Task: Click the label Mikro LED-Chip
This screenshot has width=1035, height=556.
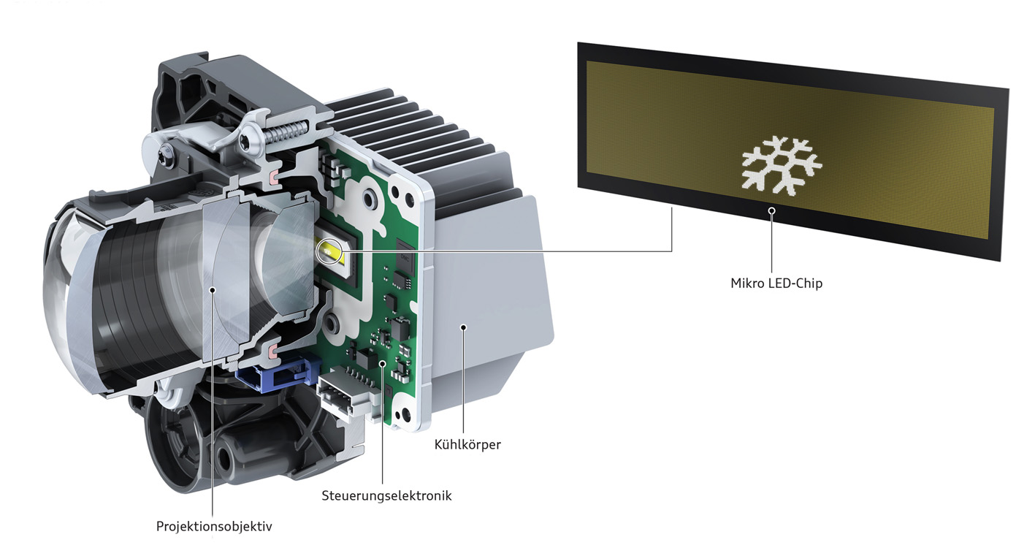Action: coord(776,283)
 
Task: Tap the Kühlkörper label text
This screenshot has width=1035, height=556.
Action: coord(467,444)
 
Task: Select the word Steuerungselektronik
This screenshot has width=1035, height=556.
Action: coord(386,495)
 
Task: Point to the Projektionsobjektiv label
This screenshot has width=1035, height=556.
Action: coord(214,526)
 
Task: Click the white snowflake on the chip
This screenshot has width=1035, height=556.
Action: coord(782,164)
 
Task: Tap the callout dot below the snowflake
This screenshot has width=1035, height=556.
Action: coord(771,210)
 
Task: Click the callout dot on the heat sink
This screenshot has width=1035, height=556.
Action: coord(463,328)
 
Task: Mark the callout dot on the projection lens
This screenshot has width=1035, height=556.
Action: coord(213,290)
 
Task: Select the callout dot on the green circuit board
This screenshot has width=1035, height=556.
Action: coord(382,364)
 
